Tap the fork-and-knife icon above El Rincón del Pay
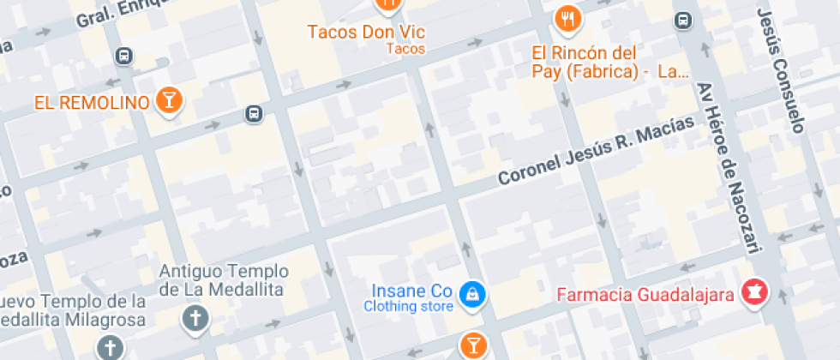(567, 17)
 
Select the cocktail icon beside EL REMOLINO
(170, 100)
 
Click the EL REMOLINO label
(92, 103)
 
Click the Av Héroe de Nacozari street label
(730, 168)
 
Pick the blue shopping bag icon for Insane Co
(471, 296)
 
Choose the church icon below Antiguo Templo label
(195, 319)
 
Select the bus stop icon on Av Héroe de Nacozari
(683, 20)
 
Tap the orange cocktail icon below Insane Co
(471, 345)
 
